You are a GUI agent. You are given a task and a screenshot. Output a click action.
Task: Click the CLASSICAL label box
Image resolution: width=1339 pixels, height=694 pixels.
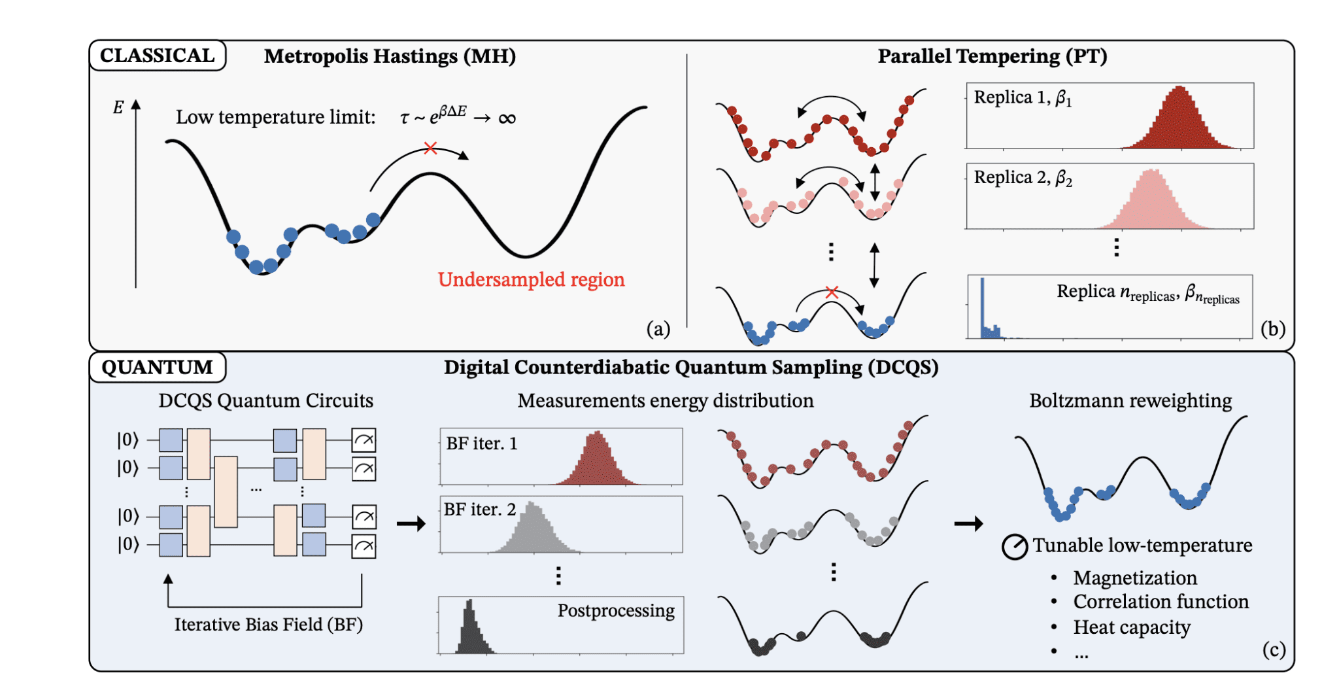[157, 56]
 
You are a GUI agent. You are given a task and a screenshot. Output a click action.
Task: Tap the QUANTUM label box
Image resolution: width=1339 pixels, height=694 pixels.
[157, 367]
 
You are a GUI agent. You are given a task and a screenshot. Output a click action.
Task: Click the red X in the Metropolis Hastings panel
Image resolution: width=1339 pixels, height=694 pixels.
[430, 148]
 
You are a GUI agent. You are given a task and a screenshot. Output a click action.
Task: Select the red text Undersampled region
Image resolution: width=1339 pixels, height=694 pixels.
[531, 279]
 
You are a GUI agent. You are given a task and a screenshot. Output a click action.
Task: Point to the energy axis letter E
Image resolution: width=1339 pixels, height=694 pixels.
[118, 108]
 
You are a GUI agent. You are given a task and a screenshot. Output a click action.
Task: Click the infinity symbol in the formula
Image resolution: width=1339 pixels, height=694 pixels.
[507, 118]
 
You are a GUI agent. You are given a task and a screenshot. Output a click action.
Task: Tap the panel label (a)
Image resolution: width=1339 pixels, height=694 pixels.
[658, 328]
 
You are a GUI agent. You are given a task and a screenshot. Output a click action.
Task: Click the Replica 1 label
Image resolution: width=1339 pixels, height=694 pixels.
[1022, 98]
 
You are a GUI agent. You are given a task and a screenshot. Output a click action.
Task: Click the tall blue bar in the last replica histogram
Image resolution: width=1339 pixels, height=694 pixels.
[982, 307]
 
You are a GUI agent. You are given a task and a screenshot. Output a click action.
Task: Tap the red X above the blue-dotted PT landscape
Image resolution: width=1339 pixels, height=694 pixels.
[832, 292]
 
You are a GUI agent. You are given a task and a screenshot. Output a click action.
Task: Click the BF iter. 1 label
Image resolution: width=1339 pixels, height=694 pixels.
[481, 443]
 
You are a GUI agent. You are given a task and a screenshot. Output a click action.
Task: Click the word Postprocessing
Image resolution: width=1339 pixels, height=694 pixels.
[616, 610]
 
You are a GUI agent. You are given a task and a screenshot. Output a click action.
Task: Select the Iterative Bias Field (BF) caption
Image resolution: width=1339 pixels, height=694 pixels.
[268, 625]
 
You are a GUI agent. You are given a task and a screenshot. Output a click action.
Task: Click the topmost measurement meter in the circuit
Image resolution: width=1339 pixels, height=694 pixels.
[364, 440]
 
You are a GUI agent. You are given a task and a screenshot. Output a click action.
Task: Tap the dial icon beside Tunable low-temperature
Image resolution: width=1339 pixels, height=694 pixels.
[1015, 546]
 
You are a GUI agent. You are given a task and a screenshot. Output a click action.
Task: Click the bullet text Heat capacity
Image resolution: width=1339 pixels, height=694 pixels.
[1131, 627]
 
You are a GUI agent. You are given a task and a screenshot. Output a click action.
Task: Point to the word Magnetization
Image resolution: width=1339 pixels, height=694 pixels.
[1135, 578]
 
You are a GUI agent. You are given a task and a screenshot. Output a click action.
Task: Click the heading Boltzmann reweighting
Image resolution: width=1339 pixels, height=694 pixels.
[1130, 400]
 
